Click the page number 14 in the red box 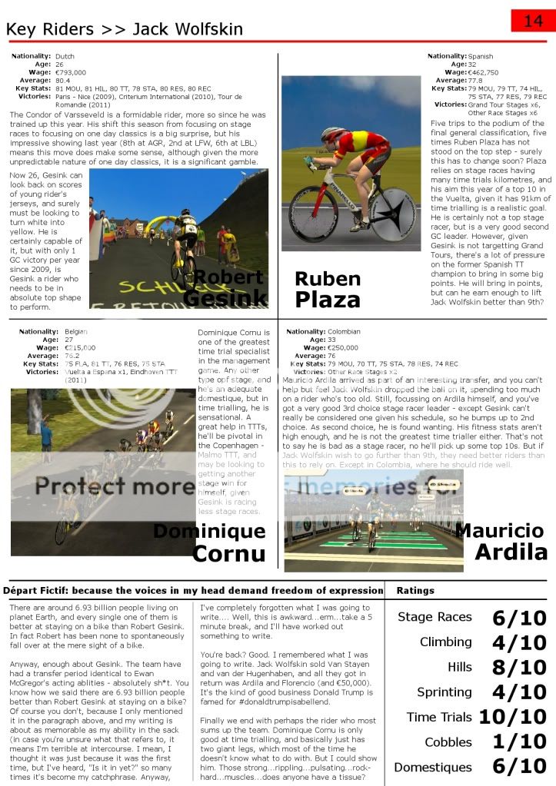[x=533, y=21]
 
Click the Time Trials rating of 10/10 [x=512, y=717]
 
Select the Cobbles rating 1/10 [x=519, y=742]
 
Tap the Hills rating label [x=460, y=667]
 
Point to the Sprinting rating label [x=444, y=692]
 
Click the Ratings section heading [x=415, y=591]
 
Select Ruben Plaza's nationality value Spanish [x=481, y=56]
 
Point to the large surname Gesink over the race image [x=225, y=297]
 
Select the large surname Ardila [x=511, y=551]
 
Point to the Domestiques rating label [x=433, y=767]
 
